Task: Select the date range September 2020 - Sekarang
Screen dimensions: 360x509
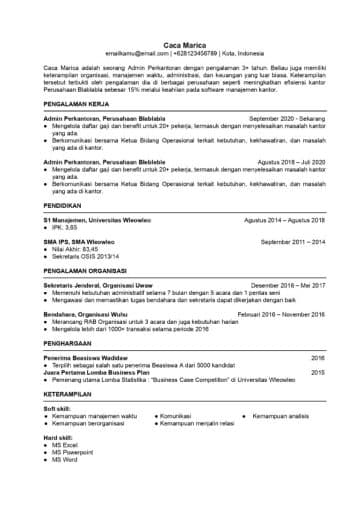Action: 287,118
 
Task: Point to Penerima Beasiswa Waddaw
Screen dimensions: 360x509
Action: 86,357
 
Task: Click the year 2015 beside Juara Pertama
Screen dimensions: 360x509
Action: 318,372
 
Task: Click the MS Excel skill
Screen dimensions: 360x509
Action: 69,444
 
